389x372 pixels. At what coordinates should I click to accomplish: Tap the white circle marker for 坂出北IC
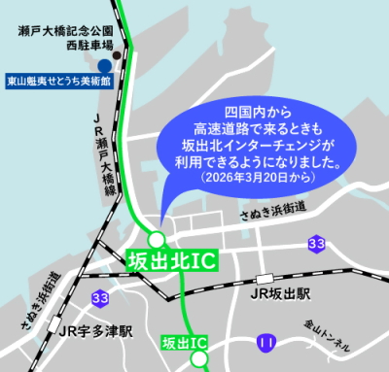coord(157,239)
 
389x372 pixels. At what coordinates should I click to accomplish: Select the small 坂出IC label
coord(183,342)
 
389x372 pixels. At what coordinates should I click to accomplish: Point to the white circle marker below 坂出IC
coord(199,359)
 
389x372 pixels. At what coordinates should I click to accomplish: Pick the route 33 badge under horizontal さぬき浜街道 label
coord(316,242)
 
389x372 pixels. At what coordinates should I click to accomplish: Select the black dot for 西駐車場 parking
coord(116,56)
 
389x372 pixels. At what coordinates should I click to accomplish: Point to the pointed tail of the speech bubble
coord(162,210)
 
